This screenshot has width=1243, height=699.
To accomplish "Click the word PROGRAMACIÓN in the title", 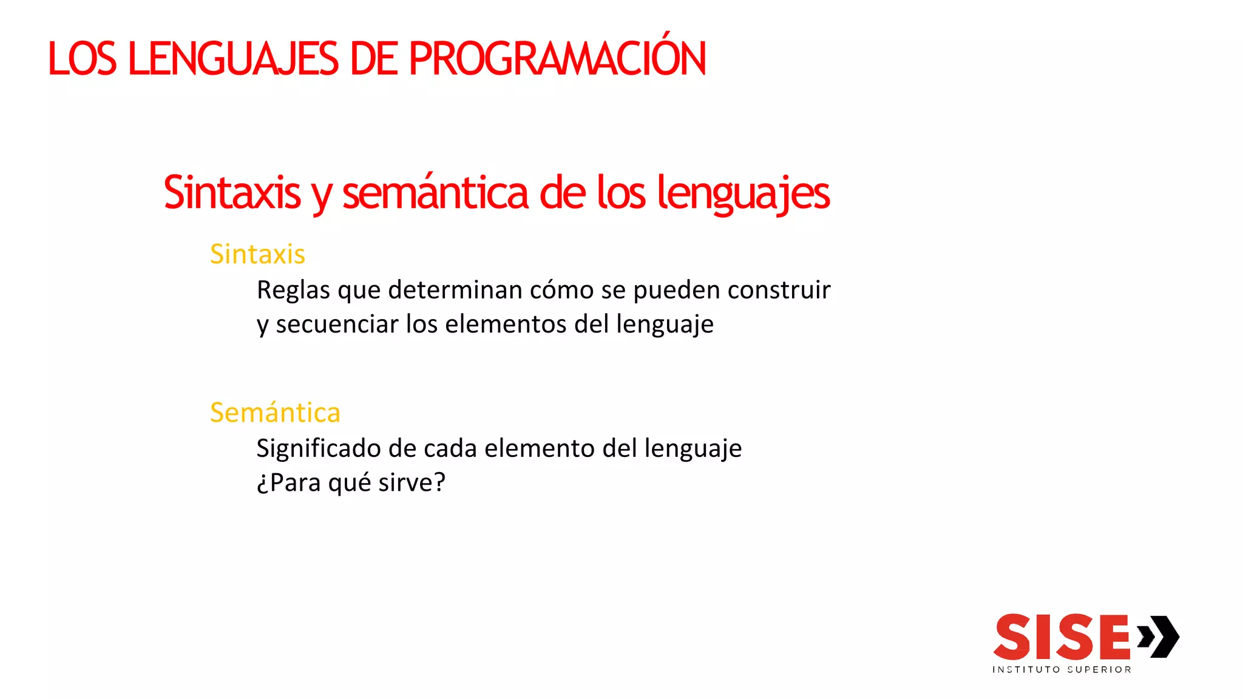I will (557, 59).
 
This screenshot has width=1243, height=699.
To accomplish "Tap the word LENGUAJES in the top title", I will (233, 59).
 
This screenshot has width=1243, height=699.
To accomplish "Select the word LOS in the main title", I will (82, 59).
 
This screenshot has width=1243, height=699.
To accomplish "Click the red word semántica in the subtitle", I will (435, 193).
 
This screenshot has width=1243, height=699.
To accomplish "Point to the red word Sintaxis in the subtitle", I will (232, 193).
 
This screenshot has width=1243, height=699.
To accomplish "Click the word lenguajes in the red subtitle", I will (743, 193).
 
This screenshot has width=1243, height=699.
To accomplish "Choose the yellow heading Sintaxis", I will (257, 254).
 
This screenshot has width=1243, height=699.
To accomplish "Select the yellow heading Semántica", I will (275, 413).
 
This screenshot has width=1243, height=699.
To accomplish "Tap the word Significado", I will (318, 449).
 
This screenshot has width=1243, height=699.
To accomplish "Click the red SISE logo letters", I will (1062, 637).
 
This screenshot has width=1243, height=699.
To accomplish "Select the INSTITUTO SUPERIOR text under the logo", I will (1062, 670).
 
